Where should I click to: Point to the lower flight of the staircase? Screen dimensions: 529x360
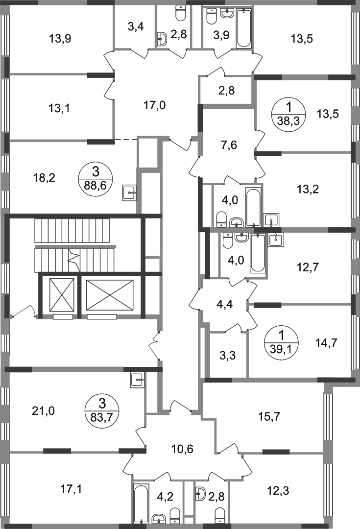pyautogui.click(x=73, y=258)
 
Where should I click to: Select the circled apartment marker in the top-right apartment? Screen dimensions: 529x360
pyautogui.click(x=289, y=114)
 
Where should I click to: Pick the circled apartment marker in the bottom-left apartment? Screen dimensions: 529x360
pyautogui.click(x=102, y=411)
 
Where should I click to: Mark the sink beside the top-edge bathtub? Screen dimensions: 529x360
pyautogui.click(x=214, y=20)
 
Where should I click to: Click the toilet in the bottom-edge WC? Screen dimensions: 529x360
pyautogui.click(x=221, y=513)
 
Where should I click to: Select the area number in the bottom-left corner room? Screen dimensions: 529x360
pyautogui.click(x=71, y=488)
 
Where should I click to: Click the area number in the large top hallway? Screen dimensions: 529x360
pyautogui.click(x=155, y=104)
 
